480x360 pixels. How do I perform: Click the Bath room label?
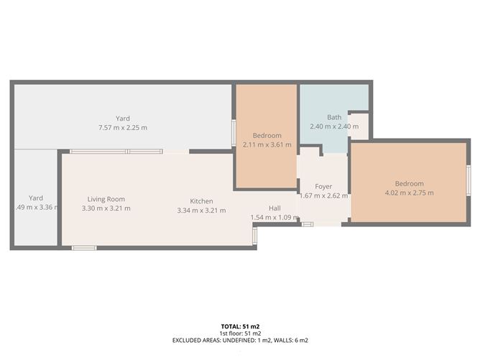click(x=334, y=117)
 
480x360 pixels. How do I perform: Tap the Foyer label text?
click(x=323, y=186)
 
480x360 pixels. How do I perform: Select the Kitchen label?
click(x=201, y=200)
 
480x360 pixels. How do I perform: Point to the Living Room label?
click(x=106, y=199)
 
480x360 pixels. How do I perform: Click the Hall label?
click(x=274, y=208)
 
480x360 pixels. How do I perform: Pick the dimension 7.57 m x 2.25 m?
click(x=122, y=128)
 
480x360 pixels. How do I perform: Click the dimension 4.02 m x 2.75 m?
click(x=409, y=193)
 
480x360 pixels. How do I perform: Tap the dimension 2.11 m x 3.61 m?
click(x=267, y=144)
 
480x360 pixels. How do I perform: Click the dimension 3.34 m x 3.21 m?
click(x=201, y=210)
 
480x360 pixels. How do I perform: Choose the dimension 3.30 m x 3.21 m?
click(x=106, y=208)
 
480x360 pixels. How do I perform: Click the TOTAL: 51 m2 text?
click(x=240, y=327)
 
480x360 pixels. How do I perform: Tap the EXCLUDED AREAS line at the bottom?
click(x=240, y=340)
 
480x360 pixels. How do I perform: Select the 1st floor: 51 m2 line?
click(x=240, y=333)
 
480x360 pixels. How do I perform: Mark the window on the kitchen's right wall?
click(x=254, y=236)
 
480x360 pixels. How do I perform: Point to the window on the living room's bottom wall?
click(x=84, y=248)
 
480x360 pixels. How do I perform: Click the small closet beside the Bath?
click(x=359, y=126)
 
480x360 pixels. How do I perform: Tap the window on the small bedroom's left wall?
click(x=233, y=133)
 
